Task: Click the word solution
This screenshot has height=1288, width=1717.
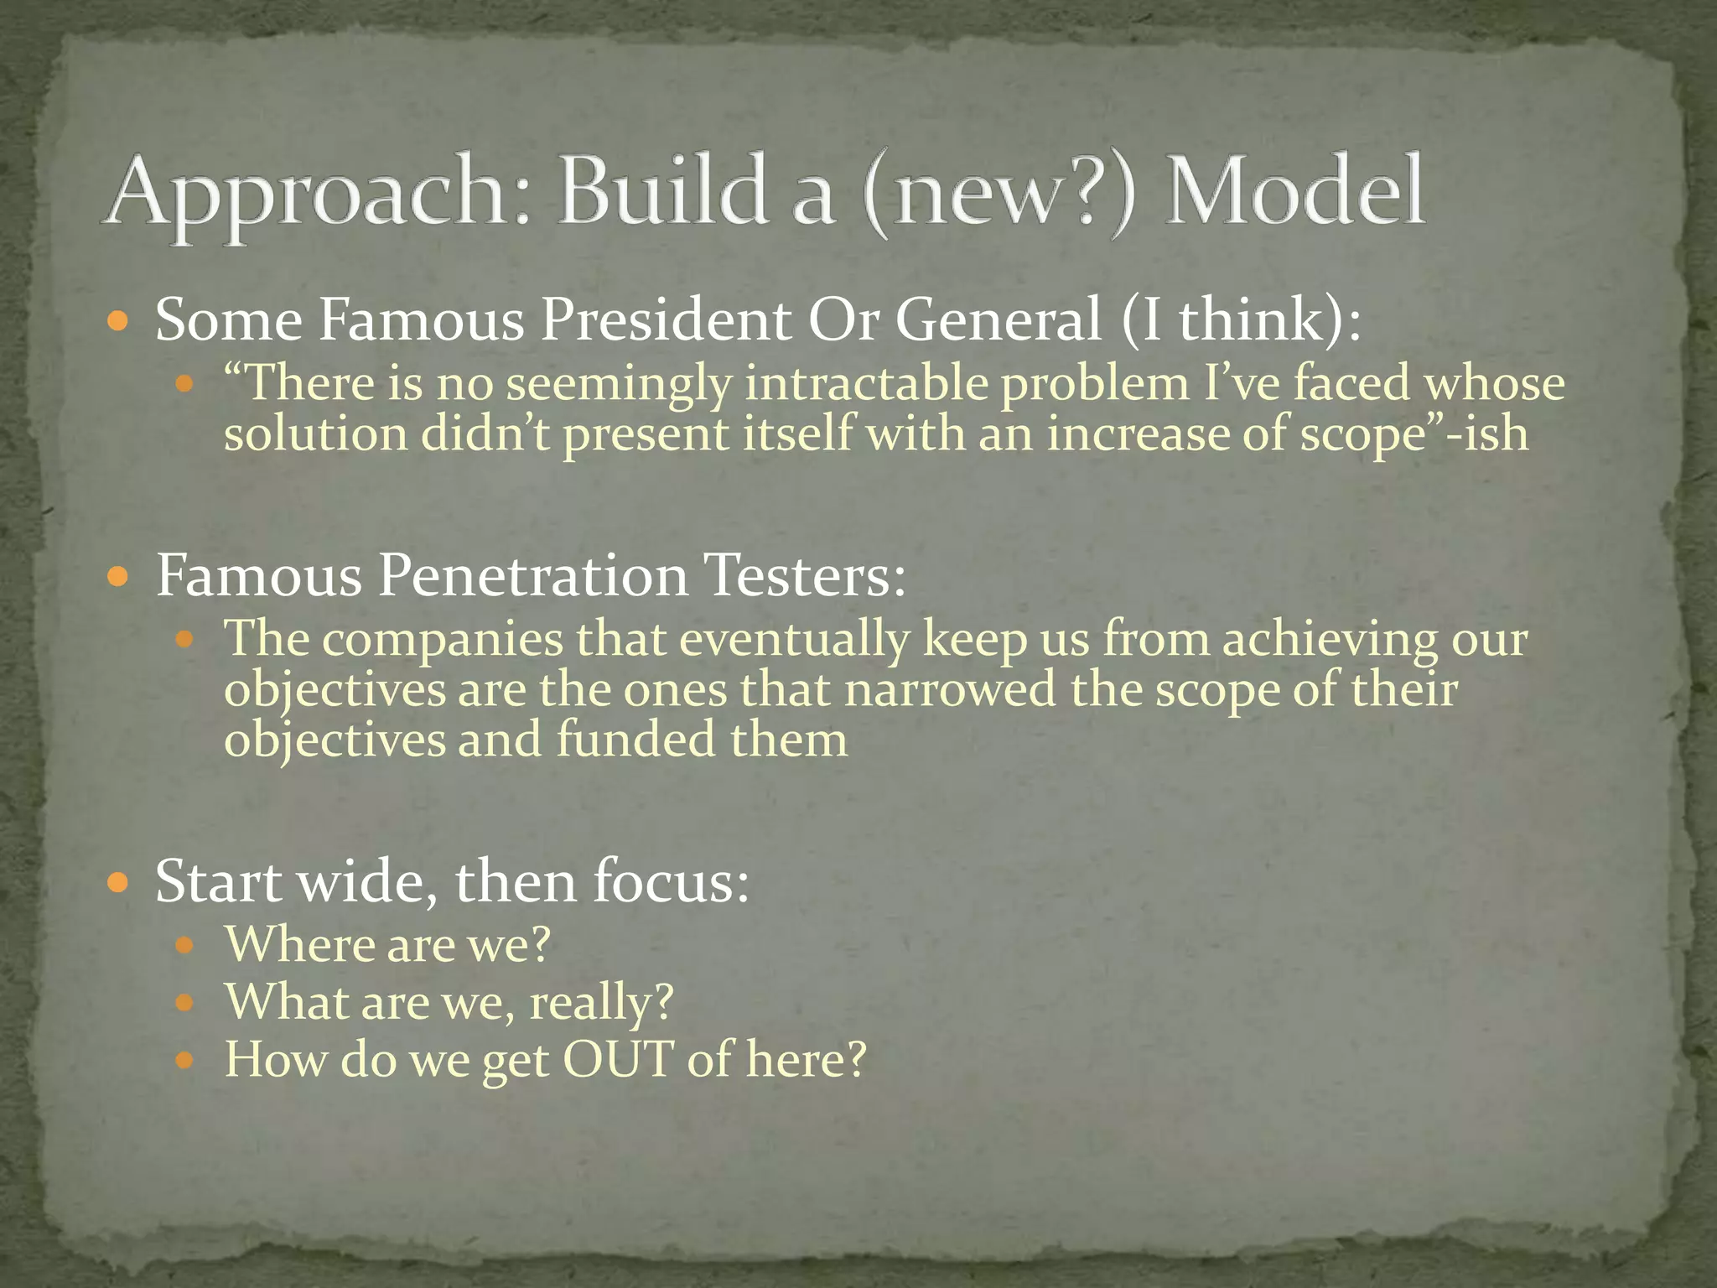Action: (315, 434)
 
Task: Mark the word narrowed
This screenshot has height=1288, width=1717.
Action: (950, 690)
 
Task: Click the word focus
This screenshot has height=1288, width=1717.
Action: (671, 882)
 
